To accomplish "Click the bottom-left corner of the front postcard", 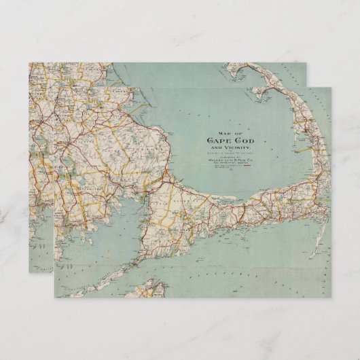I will click(x=55, y=298).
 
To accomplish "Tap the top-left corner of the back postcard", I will click(x=29, y=63).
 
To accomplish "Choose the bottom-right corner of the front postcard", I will click(x=331, y=298).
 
